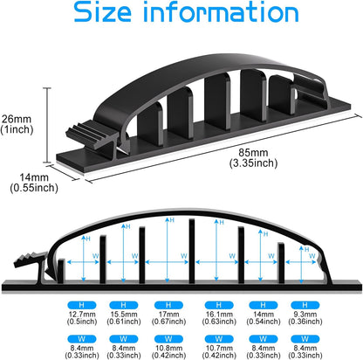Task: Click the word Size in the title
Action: (102, 11)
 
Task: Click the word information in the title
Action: (221, 11)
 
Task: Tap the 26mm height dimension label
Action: (17, 119)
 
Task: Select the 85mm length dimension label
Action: (253, 152)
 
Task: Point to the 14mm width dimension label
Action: (34, 177)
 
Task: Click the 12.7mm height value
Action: (82, 315)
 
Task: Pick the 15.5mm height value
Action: (124, 315)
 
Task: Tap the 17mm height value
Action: (168, 315)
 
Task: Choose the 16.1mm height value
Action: (219, 315)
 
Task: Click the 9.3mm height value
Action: (305, 315)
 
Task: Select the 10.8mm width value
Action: (168, 348)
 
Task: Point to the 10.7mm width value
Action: (219, 348)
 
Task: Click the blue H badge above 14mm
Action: (264, 305)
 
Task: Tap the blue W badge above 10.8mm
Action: (168, 339)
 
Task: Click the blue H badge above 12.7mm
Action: (82, 305)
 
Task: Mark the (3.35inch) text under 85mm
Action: (253, 163)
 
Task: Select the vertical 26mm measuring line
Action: (47, 125)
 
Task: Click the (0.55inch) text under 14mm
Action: (34, 188)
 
